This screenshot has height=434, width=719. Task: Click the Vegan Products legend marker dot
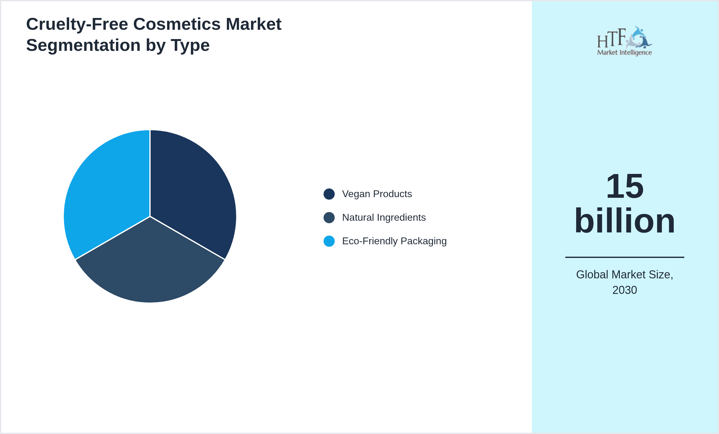pos(329,194)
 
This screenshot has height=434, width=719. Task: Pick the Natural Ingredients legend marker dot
pos(329,218)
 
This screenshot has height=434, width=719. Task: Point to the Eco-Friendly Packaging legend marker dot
pos(329,241)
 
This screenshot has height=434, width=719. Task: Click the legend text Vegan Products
pos(377,194)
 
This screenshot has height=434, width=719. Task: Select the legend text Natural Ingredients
pos(384,218)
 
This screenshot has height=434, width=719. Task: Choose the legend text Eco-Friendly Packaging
pos(394,241)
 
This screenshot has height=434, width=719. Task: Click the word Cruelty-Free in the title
pos(77,24)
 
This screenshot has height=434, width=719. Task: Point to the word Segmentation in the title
pos(83,45)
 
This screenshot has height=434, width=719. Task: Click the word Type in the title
pos(190,45)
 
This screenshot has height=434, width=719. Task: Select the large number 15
pos(624,186)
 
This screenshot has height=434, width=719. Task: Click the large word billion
pos(624,221)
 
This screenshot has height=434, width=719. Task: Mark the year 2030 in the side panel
pos(624,290)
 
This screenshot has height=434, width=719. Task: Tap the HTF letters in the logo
pos(611,38)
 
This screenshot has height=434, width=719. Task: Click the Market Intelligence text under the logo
pos(624,52)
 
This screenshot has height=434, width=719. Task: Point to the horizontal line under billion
pos(624,257)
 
